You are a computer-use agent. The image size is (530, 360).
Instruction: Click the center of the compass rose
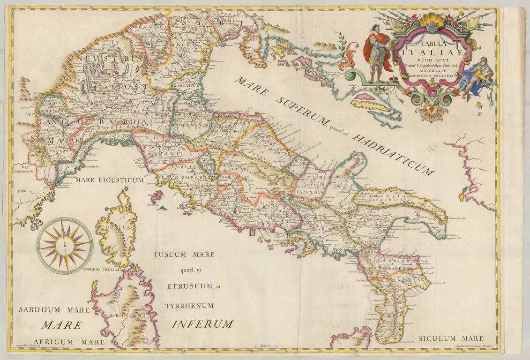[65, 246]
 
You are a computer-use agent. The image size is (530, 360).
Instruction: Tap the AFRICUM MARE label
[61, 342]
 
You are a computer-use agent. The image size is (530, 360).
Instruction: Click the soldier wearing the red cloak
[378, 52]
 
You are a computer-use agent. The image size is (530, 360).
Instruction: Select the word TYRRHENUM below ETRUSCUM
[189, 306]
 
